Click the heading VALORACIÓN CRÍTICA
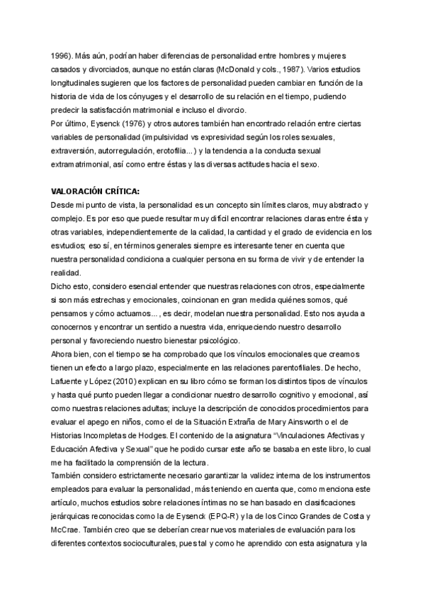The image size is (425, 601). (x=96, y=191)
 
